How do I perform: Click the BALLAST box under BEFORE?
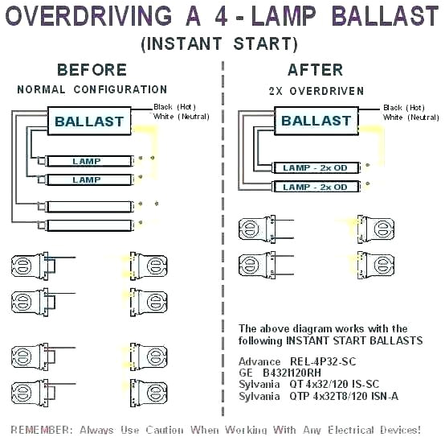tap(88, 122)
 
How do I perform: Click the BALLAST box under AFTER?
tap(316, 121)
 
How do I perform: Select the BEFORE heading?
tap(92, 70)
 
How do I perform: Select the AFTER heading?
tap(315, 70)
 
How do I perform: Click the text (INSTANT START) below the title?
tap(219, 43)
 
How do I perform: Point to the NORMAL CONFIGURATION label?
tap(92, 90)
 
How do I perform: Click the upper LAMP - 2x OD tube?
tap(315, 167)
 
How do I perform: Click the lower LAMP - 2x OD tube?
tap(315, 187)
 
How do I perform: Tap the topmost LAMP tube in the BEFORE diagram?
tap(88, 161)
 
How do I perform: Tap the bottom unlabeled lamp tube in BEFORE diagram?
tap(88, 225)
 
